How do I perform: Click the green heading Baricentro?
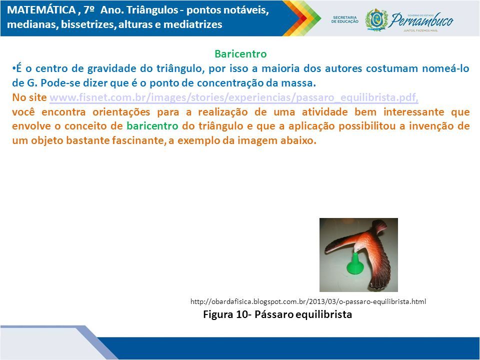(x=240, y=54)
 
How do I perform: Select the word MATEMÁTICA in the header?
(x=41, y=10)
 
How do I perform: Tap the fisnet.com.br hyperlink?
(x=234, y=97)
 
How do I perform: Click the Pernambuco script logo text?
(x=422, y=20)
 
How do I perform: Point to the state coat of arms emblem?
(x=376, y=20)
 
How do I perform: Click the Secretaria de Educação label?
(x=344, y=19)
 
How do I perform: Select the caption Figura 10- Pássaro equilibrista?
(x=277, y=314)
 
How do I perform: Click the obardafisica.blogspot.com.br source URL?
(x=308, y=301)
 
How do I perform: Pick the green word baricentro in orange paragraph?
(x=152, y=126)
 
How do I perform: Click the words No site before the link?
(x=29, y=97)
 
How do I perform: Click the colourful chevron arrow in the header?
(x=302, y=18)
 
